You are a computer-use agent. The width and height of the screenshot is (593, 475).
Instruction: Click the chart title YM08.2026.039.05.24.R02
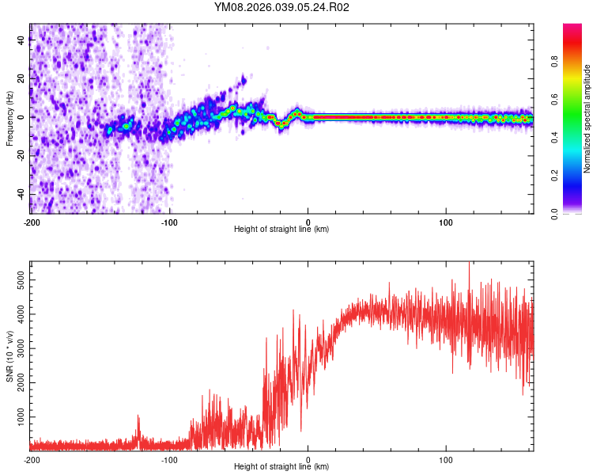tap(281, 8)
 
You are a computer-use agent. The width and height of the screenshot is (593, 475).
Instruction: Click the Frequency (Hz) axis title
tap(9, 119)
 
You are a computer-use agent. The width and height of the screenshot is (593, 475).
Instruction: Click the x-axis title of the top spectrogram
tap(281, 230)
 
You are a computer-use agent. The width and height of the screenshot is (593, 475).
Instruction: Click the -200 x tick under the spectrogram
tap(32, 221)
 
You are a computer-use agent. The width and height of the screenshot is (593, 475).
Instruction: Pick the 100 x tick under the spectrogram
tap(446, 221)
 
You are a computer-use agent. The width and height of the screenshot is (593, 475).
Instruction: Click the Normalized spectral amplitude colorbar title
tap(587, 119)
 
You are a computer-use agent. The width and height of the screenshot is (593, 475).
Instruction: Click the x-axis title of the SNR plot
tap(281, 467)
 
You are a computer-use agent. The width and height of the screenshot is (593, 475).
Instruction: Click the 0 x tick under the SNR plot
tap(308, 459)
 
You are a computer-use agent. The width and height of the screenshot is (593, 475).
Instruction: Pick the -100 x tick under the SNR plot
tap(170, 459)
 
